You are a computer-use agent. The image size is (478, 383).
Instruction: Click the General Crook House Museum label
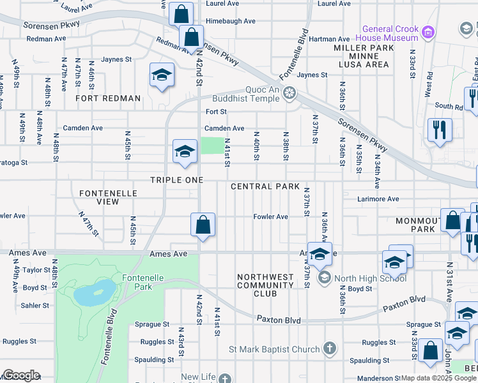click(389, 33)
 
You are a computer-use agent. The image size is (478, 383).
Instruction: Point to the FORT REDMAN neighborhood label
click(108, 98)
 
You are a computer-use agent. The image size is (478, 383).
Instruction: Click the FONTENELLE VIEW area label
click(99, 197)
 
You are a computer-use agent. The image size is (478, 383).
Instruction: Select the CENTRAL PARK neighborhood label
click(265, 186)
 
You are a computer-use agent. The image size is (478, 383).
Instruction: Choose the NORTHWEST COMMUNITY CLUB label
click(265, 285)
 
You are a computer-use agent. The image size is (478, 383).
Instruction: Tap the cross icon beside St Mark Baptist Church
click(329, 349)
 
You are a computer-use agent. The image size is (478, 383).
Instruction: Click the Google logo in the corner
click(20, 375)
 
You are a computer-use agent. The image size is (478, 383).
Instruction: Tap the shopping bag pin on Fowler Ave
click(203, 225)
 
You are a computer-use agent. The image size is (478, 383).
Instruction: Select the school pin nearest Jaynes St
click(162, 75)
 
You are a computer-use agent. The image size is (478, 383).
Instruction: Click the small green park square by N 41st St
click(213, 146)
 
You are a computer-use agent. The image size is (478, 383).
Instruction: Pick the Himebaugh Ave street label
click(230, 21)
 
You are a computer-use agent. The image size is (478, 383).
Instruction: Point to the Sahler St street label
click(36, 306)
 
